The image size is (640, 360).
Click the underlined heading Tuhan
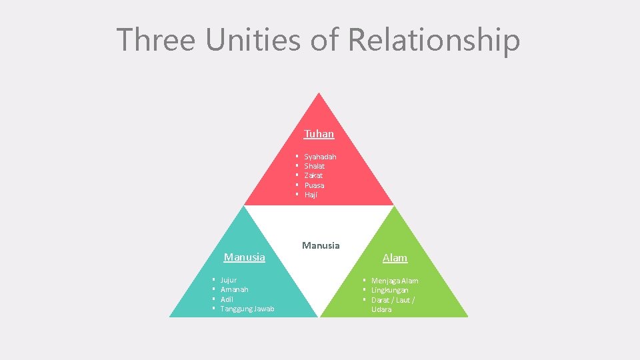tap(319, 134)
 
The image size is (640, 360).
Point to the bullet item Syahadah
tap(320, 157)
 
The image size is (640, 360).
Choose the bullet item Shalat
tap(314, 166)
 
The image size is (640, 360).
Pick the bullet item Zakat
tap(313, 175)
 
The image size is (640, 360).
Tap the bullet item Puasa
tap(314, 185)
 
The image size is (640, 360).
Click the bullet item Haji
tap(311, 195)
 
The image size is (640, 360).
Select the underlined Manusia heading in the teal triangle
tap(244, 257)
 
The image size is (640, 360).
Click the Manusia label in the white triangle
tap(321, 245)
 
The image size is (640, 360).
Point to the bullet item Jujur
tap(228, 281)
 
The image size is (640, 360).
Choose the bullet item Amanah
tap(234, 290)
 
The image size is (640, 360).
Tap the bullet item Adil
tap(226, 299)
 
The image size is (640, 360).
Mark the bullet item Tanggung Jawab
tap(247, 309)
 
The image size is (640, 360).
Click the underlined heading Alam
tap(395, 258)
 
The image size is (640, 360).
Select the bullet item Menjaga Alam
tap(395, 281)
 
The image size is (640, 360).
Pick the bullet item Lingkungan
tap(390, 291)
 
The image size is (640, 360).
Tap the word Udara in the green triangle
tap(381, 309)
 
